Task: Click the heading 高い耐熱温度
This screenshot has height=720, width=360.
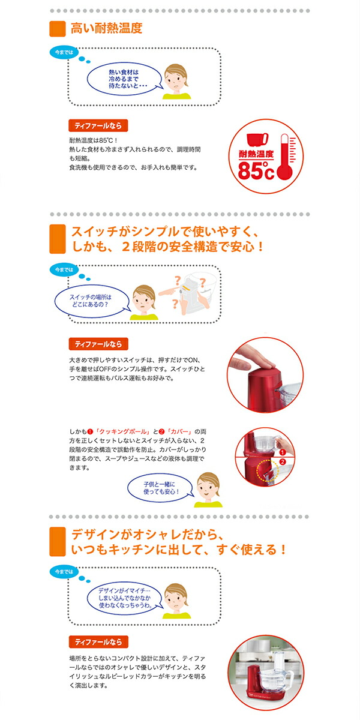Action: pos(106,28)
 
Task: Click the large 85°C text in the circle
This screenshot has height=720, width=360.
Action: pos(256,170)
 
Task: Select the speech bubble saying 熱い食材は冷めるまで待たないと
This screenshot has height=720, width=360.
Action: pos(125,79)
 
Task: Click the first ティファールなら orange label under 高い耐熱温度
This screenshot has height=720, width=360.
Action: pos(98,125)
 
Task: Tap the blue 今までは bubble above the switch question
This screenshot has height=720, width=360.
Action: pos(64,269)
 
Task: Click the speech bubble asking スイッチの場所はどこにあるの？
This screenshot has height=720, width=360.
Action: pos(92,301)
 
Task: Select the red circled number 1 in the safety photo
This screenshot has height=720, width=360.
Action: pos(283,452)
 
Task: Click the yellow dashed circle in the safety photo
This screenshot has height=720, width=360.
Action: pos(268,470)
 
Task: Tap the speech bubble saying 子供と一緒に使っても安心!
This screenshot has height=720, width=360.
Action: pos(160,488)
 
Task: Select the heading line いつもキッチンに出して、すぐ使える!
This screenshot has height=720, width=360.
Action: pos(178,550)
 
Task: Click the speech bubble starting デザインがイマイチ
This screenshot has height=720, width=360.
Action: pos(125,598)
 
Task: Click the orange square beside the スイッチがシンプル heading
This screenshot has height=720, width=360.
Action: pos(58,239)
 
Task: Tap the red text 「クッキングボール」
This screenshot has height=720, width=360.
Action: pos(122,431)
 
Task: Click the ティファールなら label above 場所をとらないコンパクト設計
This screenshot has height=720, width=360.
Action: pos(98,642)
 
